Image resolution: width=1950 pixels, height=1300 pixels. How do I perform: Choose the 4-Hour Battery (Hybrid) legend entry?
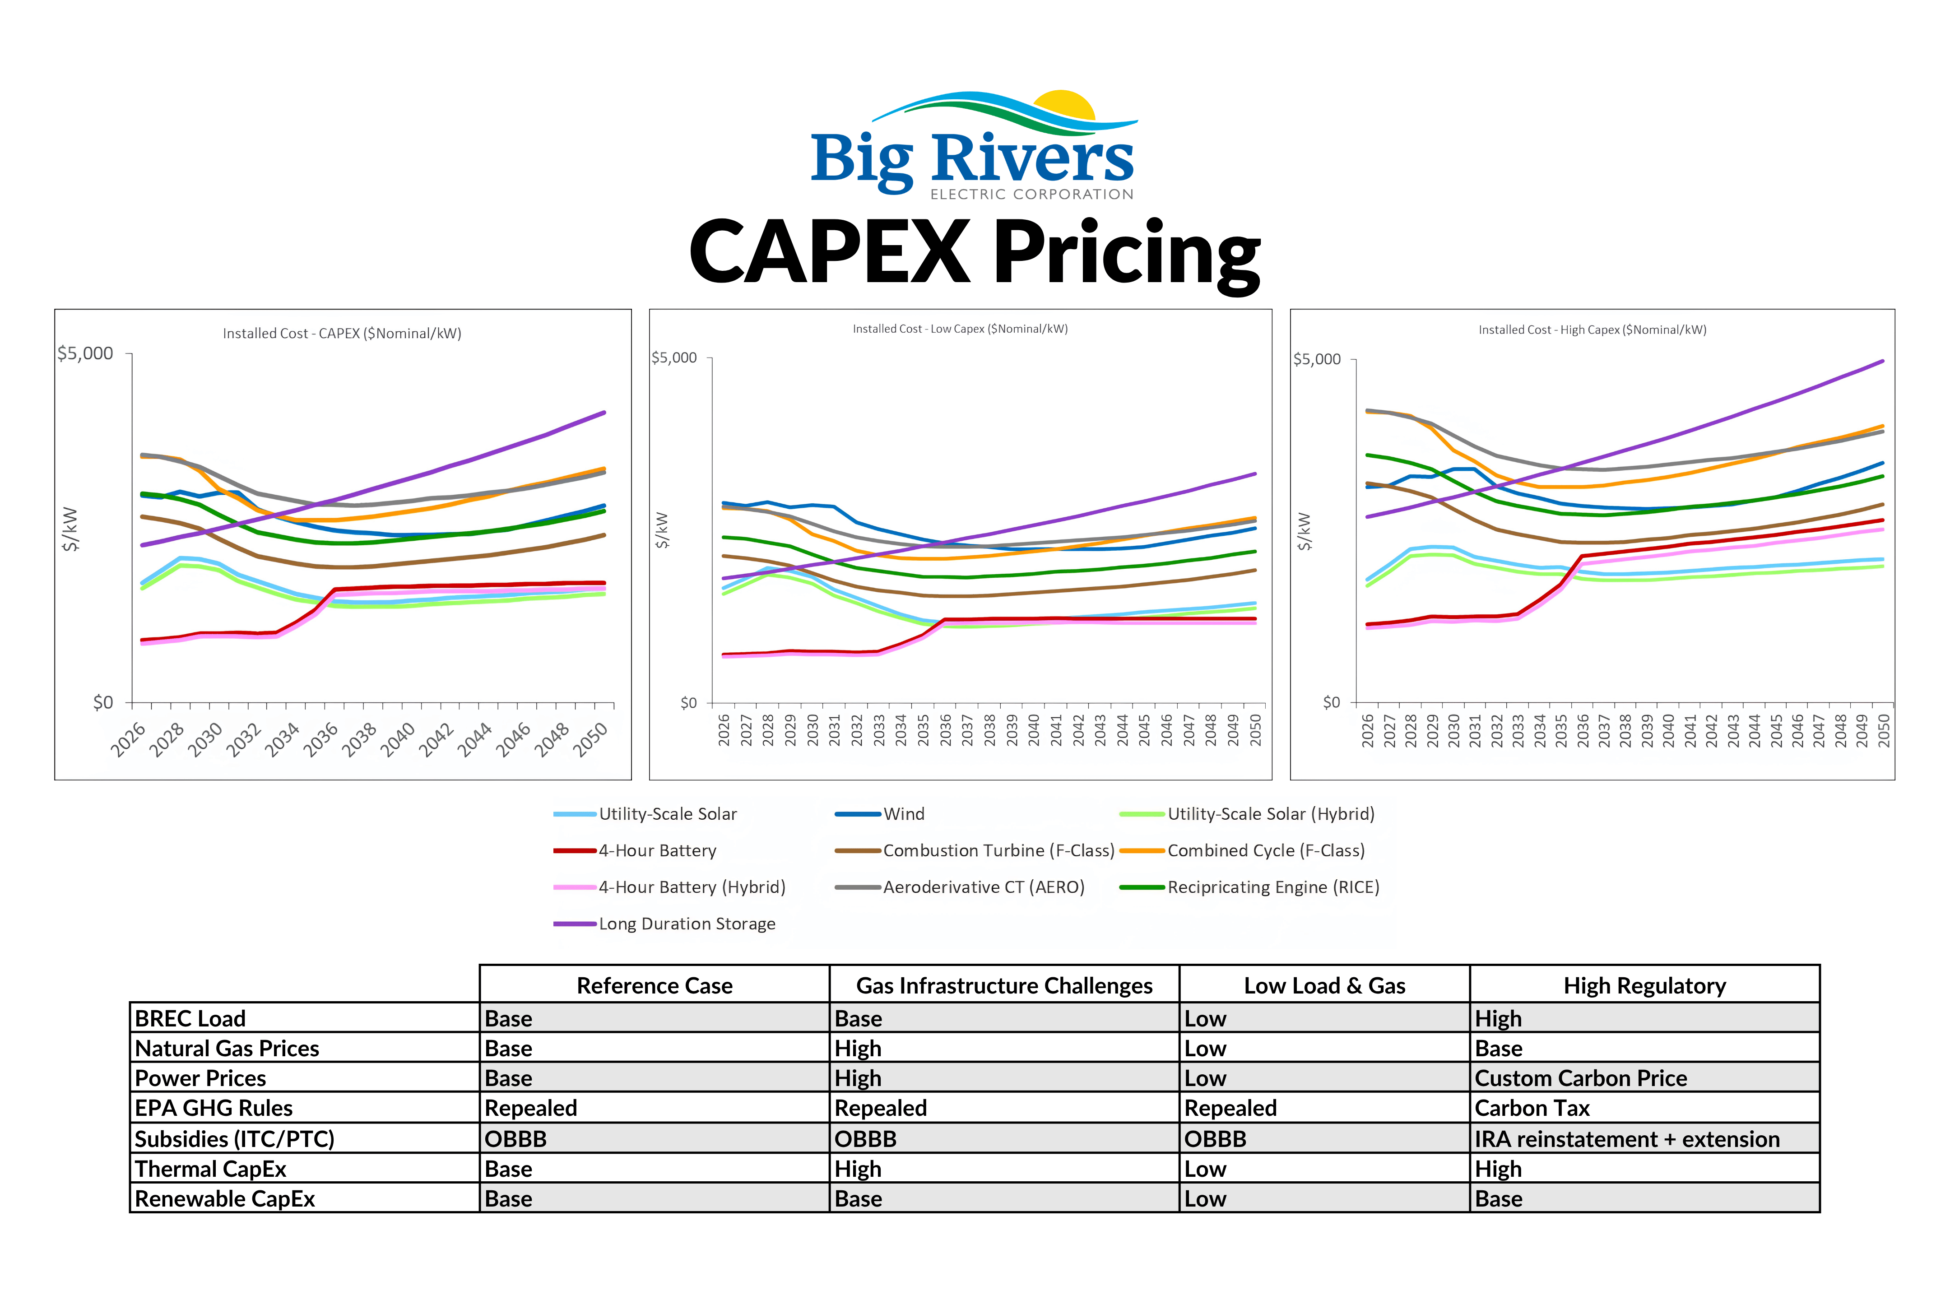[670, 887]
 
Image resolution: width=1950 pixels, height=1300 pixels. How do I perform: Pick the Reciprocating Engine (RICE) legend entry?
[1249, 887]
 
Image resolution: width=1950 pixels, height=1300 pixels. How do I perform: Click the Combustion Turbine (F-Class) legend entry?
[975, 850]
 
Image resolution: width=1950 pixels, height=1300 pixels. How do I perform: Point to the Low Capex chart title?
[960, 329]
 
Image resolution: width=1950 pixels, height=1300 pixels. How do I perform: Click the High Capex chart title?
[1592, 330]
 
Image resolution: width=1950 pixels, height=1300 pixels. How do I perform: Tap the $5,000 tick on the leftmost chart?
[85, 354]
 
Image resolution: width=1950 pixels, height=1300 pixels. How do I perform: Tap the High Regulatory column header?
[1645, 986]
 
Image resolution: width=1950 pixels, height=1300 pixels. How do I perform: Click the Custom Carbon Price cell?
[1581, 1079]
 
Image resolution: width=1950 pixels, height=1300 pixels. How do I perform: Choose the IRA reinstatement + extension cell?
[1627, 1139]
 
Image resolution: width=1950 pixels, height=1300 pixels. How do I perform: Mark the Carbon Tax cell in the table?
[1532, 1109]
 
